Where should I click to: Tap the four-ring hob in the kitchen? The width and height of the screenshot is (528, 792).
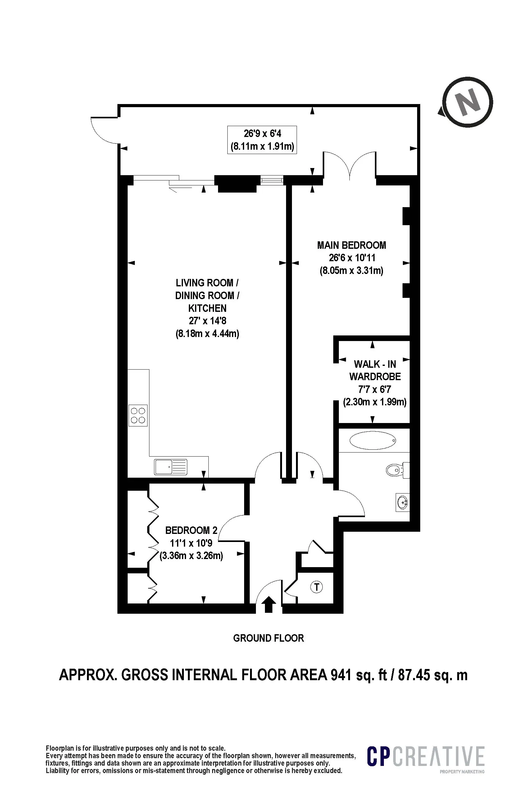pos(138,415)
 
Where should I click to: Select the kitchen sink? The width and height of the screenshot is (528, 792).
pos(171,467)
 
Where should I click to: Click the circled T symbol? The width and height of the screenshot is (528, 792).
pos(316,587)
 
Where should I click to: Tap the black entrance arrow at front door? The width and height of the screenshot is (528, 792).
pos(268,604)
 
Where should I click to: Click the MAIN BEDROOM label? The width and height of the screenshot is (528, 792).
pos(352,245)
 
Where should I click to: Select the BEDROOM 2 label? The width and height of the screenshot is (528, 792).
pos(191,530)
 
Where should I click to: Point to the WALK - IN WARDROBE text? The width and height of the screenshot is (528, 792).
pos(375,371)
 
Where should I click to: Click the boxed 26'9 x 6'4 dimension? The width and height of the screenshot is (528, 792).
pos(262,140)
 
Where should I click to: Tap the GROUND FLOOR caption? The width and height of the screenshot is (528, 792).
pos(268,638)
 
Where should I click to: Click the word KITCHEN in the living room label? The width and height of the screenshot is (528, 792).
pos(207,308)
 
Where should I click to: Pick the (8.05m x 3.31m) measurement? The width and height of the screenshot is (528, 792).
pos(352,271)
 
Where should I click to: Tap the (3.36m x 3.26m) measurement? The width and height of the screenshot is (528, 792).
pos(191,555)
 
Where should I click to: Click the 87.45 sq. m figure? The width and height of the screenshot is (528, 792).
pos(433,675)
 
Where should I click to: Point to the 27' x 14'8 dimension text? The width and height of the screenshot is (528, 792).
pos(207,321)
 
